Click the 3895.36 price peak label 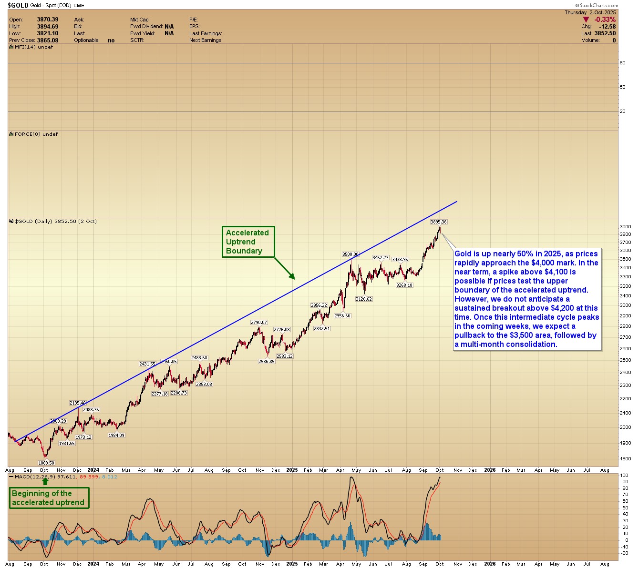[x=438, y=222]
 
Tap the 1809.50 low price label [x=46, y=463]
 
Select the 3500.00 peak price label [x=350, y=254]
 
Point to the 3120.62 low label [x=364, y=299]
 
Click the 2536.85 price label [x=267, y=362]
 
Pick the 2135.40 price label [x=78, y=403]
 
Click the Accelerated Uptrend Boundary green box [x=248, y=242]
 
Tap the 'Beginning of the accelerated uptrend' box [x=49, y=498]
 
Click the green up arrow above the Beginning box [x=45, y=481]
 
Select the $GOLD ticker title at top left [x=18, y=5]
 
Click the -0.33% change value [x=606, y=20]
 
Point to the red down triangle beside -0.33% [x=586, y=20]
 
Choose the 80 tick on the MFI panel [x=622, y=63]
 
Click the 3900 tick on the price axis [x=625, y=227]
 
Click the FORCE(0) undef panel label [x=36, y=134]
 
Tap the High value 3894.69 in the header [x=48, y=27]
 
